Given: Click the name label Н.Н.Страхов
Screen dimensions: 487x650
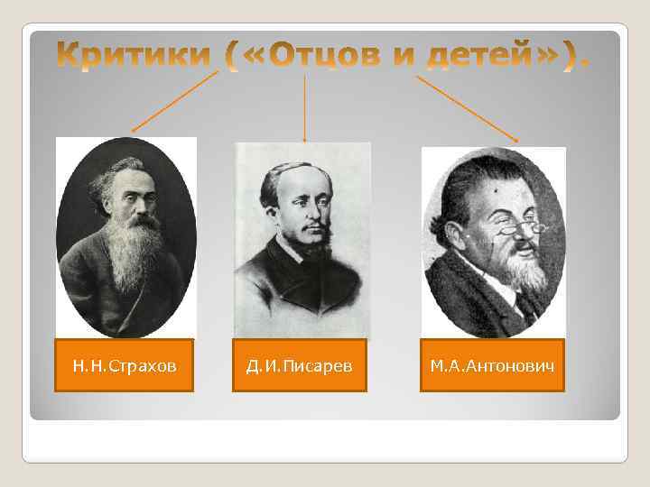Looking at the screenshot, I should coord(125,365).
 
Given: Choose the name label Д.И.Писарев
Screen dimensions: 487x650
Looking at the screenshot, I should coord(300,365).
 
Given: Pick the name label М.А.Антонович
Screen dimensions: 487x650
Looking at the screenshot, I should coord(492,365).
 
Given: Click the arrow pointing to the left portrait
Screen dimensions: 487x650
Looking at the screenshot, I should coord(176,102).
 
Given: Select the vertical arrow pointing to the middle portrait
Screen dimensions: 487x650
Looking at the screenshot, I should coord(304,108).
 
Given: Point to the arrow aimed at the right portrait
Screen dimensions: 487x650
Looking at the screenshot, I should coord(467,108).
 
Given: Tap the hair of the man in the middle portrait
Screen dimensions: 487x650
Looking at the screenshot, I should coord(293,171).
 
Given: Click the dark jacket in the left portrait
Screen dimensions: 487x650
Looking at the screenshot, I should coord(86,289).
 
